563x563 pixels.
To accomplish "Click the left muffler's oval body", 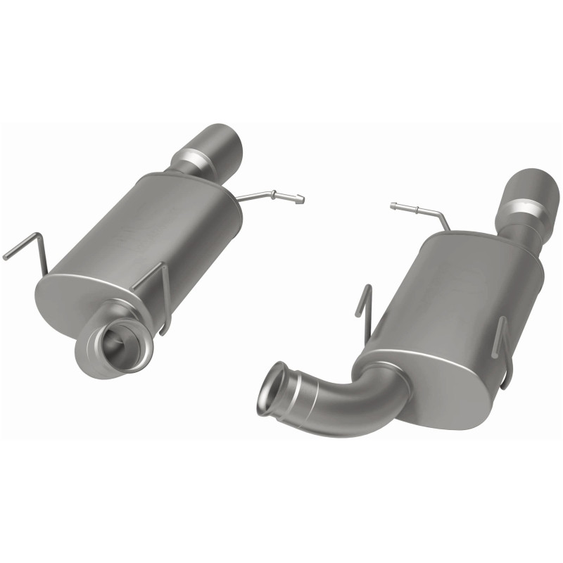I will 155,232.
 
